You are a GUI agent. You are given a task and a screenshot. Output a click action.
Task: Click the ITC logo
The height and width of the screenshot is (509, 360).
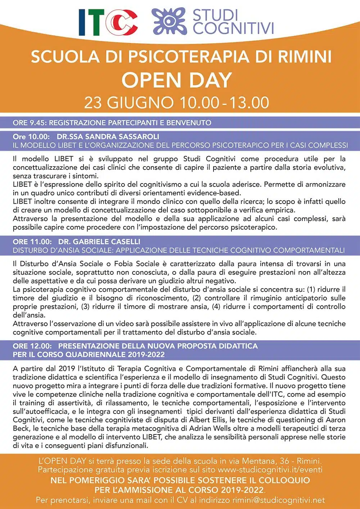coord(108,22)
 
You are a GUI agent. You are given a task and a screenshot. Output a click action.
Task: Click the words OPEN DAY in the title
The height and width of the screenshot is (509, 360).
coord(176,80)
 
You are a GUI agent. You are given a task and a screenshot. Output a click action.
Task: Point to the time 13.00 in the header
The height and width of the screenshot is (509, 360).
coord(249,103)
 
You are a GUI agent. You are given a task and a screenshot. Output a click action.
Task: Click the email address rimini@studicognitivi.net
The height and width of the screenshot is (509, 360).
coord(278,500)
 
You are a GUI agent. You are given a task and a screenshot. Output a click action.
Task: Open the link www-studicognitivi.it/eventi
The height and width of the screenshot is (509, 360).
coord(270,470)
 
